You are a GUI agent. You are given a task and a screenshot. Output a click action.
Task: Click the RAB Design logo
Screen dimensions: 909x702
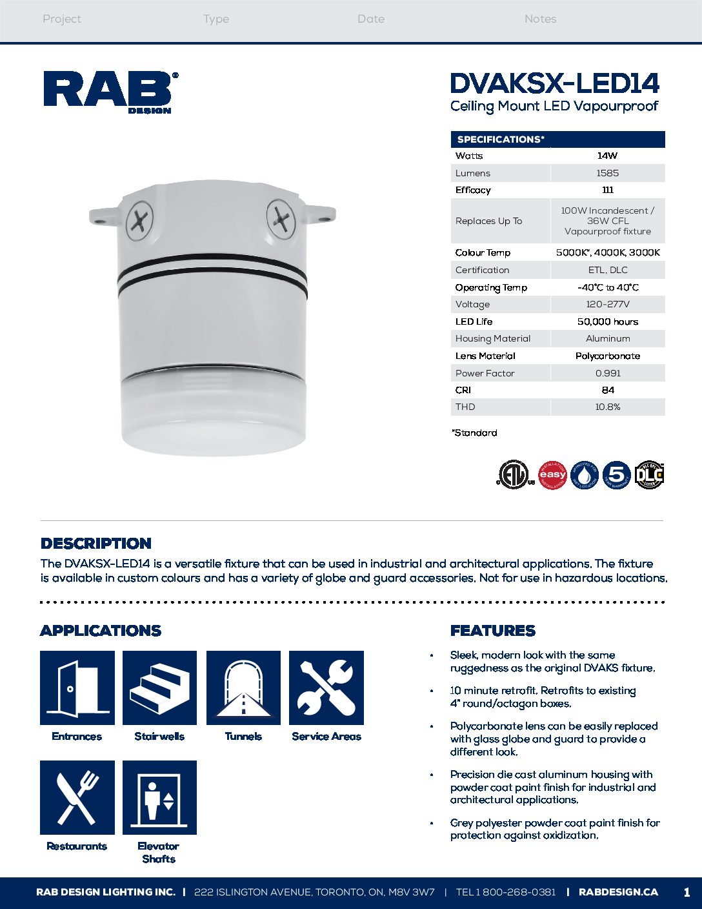(x=110, y=92)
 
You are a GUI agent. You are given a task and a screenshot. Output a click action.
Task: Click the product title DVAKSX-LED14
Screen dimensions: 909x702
(x=554, y=83)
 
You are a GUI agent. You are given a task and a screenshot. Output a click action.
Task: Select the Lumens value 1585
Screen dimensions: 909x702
(x=607, y=173)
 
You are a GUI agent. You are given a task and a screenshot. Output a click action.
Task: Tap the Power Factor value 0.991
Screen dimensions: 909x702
(x=607, y=373)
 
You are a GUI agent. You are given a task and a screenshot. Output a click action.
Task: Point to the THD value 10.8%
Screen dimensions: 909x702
(x=607, y=407)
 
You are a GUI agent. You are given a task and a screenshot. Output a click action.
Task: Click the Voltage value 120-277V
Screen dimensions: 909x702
(x=607, y=304)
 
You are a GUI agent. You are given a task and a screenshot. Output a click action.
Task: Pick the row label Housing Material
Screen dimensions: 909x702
(x=493, y=338)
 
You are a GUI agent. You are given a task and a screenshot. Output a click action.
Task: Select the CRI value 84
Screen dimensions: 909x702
(x=607, y=390)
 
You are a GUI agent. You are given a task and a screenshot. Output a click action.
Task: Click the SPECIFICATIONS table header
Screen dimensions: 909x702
(x=501, y=139)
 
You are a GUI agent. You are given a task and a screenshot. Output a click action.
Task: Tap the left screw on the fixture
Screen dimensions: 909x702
(x=139, y=221)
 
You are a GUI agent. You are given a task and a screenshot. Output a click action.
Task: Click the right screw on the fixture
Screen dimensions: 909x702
(x=281, y=217)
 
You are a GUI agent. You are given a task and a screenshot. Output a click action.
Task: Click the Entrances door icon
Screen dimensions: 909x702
(x=77, y=688)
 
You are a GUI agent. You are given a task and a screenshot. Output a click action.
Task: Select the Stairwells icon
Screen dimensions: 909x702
(x=159, y=688)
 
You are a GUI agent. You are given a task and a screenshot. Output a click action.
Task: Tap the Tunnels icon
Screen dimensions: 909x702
(x=243, y=688)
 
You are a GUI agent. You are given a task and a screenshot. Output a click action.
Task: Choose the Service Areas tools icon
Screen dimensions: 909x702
(x=326, y=688)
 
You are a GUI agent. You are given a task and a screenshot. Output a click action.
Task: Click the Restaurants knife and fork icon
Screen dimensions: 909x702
(x=77, y=797)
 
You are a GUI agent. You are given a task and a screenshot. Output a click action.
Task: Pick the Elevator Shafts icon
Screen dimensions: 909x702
(x=159, y=797)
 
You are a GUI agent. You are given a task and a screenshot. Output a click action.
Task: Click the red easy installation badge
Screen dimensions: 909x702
(x=552, y=475)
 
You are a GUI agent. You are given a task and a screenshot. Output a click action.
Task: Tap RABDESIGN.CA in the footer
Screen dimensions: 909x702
(x=618, y=892)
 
